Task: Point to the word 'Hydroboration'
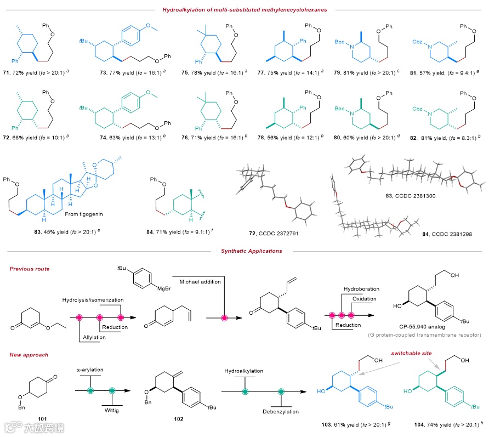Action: pyautogui.click(x=361, y=288)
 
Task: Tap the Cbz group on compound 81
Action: pyautogui.click(x=422, y=40)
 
